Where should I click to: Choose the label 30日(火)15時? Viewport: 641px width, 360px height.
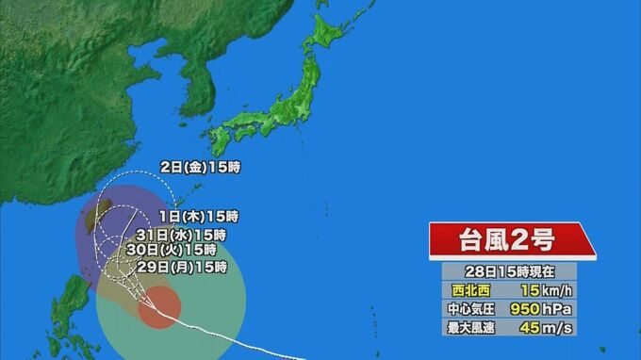point(171,251)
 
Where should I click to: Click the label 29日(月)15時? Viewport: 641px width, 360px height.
point(182,268)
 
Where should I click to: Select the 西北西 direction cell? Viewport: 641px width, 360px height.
point(471,289)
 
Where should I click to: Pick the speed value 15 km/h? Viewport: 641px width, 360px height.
point(546,289)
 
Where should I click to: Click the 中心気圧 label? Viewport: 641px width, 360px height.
point(471,308)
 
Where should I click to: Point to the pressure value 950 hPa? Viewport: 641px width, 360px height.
point(546,308)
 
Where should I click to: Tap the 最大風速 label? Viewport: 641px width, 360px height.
point(471,327)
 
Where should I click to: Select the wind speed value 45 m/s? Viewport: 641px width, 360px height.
point(546,327)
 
